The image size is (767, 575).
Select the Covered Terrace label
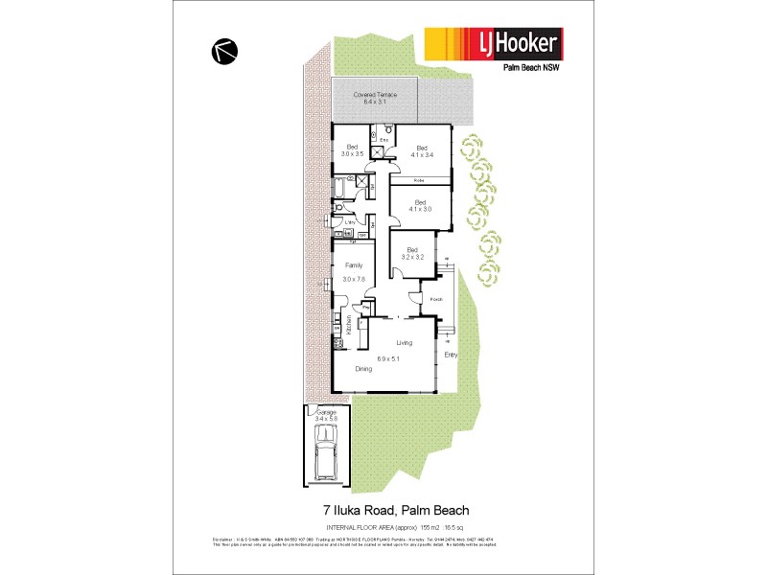(x=373, y=99)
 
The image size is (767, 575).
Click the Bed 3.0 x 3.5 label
(x=352, y=149)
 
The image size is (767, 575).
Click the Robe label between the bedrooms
(x=419, y=180)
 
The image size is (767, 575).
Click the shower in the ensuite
(x=380, y=151)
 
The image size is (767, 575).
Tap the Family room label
(x=353, y=271)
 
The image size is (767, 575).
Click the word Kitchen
(x=349, y=324)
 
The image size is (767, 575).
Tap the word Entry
(x=451, y=355)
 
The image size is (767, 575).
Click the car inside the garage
(x=325, y=456)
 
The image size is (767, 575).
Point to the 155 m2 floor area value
(x=427, y=527)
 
